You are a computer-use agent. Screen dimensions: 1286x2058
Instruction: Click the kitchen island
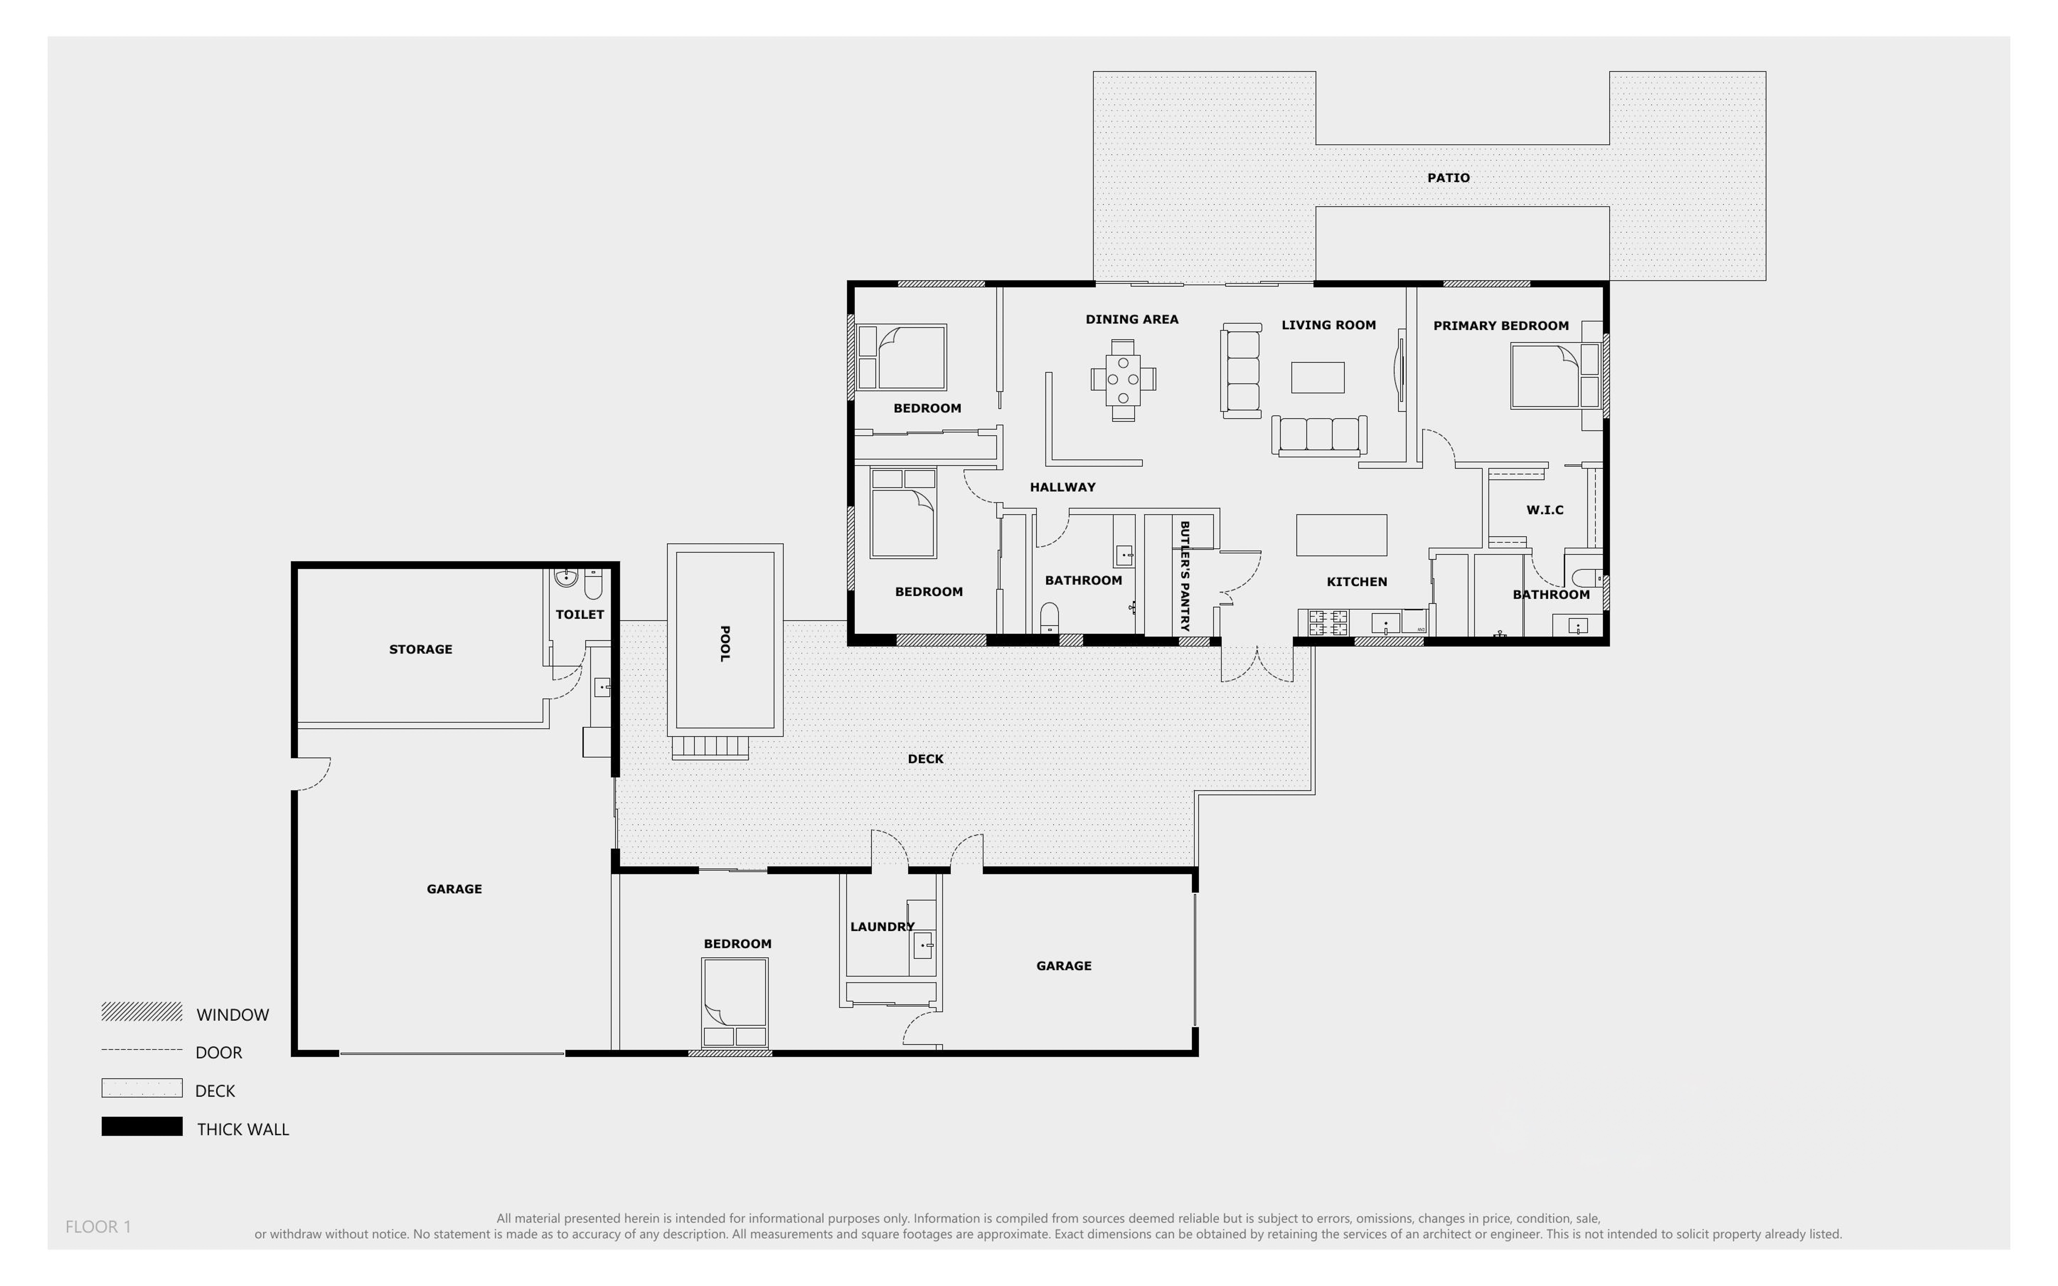1341,535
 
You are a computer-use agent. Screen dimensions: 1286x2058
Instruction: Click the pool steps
710,747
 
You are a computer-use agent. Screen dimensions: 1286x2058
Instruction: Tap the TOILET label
579,614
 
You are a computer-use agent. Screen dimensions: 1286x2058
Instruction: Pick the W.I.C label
1544,510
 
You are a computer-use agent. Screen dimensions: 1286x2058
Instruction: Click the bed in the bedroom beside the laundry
735,1000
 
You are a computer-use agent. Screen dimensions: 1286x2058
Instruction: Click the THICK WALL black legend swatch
141,1127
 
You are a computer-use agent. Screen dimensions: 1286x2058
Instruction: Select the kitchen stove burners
1327,623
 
